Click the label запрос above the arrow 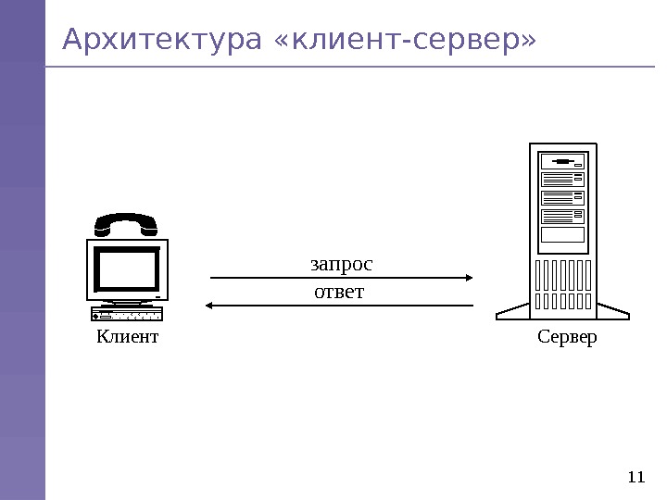click(x=341, y=265)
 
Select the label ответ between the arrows click(x=340, y=293)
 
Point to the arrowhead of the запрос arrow click(x=470, y=277)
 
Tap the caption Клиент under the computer click(x=128, y=337)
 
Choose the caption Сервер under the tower click(x=567, y=337)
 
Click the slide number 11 click(x=635, y=478)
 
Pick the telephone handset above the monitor click(x=125, y=225)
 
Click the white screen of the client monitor click(x=128, y=268)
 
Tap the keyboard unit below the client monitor click(x=127, y=315)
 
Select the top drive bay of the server click(x=563, y=161)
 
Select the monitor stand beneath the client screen click(x=128, y=303)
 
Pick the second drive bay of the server click(x=563, y=179)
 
